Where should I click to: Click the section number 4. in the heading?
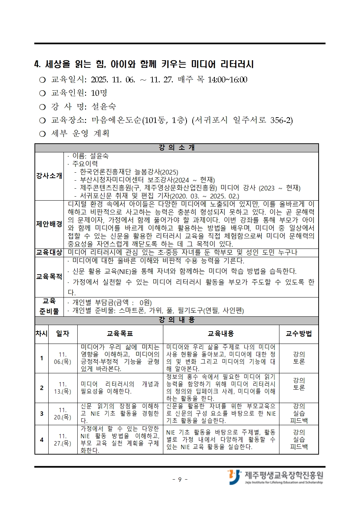click(x=37, y=65)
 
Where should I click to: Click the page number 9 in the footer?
click(x=180, y=480)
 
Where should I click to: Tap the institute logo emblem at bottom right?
click(x=234, y=477)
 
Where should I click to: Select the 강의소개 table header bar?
click(x=177, y=148)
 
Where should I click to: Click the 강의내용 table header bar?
click(x=177, y=320)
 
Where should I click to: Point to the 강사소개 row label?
click(x=49, y=176)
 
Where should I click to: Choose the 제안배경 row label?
click(x=49, y=224)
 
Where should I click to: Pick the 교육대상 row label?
click(x=49, y=253)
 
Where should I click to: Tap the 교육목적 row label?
click(x=49, y=277)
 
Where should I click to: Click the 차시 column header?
click(x=41, y=334)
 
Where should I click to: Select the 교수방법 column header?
click(x=299, y=334)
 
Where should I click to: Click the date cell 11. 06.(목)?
click(x=62, y=358)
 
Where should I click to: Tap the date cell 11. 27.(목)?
click(x=62, y=440)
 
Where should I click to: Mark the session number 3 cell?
click(x=41, y=414)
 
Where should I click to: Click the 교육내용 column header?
click(x=221, y=334)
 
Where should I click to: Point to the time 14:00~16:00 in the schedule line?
click(x=228, y=80)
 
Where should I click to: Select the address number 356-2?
click(x=281, y=120)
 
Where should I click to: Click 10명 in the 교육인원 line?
click(x=99, y=93)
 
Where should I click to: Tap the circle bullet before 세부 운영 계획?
click(x=42, y=134)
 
